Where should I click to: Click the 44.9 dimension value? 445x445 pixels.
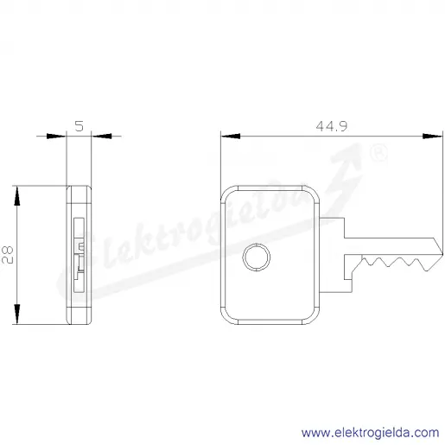pyautogui.click(x=332, y=126)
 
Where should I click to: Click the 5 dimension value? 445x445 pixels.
pyautogui.click(x=79, y=126)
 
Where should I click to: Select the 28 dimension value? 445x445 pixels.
pyautogui.click(x=8, y=255)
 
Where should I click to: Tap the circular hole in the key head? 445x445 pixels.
pyautogui.click(x=257, y=257)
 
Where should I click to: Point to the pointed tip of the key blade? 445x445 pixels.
pyautogui.click(x=442, y=254)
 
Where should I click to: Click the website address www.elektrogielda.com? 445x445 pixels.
pyautogui.click(x=370, y=433)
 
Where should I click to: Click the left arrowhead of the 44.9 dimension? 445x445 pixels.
pyautogui.click(x=231, y=137)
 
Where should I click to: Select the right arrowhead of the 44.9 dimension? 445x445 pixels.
pyautogui.click(x=433, y=137)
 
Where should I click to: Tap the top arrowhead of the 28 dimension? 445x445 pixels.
pyautogui.click(x=17, y=196)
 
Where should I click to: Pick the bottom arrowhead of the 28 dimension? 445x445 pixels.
pyautogui.click(x=17, y=314)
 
